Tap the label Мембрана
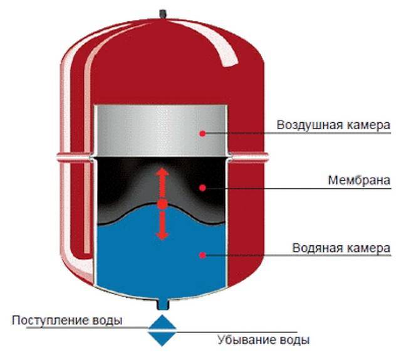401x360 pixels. click(359, 180)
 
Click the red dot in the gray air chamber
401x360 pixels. click(202, 134)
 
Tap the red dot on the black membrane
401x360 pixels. click(202, 188)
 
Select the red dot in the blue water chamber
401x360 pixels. click(202, 255)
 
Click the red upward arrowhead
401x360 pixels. click(162, 171)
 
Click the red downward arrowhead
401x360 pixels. click(162, 236)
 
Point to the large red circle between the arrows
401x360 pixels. click(162, 204)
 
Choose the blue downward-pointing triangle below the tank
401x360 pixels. click(162, 339)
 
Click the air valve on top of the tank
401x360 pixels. click(163, 14)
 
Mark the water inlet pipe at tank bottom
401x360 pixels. click(163, 305)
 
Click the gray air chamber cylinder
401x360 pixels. click(161, 130)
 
